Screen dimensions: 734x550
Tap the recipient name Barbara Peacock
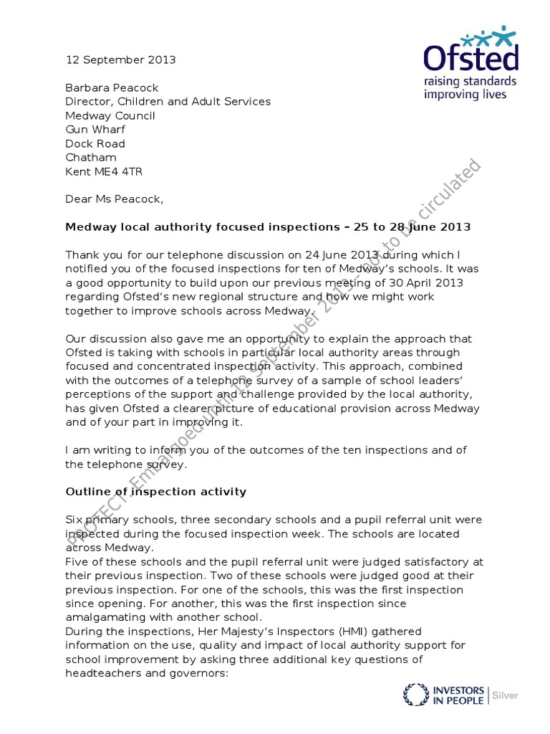pos(112,87)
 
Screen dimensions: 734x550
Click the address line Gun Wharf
pos(95,129)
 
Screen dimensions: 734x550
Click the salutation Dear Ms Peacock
pos(114,199)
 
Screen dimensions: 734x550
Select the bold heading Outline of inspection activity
pos(155,491)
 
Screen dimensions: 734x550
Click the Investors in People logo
pos(444,695)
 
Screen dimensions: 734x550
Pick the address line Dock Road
pos(95,143)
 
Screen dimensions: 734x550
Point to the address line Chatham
pos(90,157)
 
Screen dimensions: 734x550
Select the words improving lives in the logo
pos(475,95)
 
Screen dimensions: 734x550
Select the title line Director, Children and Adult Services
pos(168,101)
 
